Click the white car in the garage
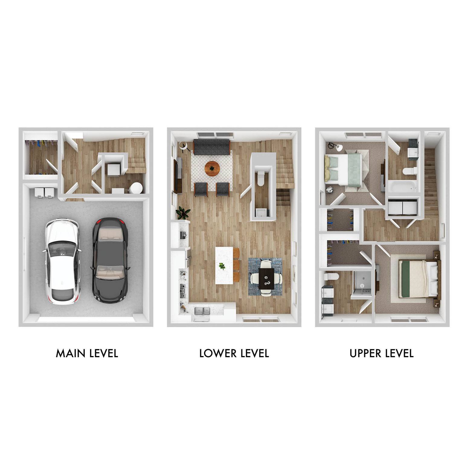click(63, 261)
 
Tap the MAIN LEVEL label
click(87, 353)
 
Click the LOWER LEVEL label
click(234, 353)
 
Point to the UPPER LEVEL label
click(381, 353)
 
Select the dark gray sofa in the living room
click(212, 147)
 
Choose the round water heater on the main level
click(136, 188)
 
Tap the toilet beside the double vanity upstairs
click(330, 276)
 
